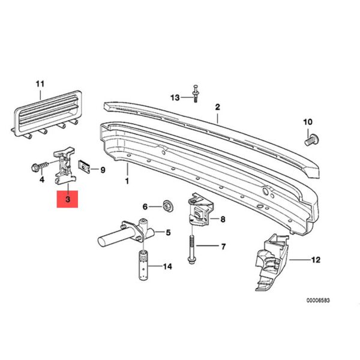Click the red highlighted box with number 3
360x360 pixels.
point(68,199)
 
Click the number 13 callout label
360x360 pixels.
point(175,97)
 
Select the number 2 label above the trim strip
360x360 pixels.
point(218,107)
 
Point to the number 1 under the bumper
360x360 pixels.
point(127,180)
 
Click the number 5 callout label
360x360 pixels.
point(169,233)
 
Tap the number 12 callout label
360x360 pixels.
point(316,260)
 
